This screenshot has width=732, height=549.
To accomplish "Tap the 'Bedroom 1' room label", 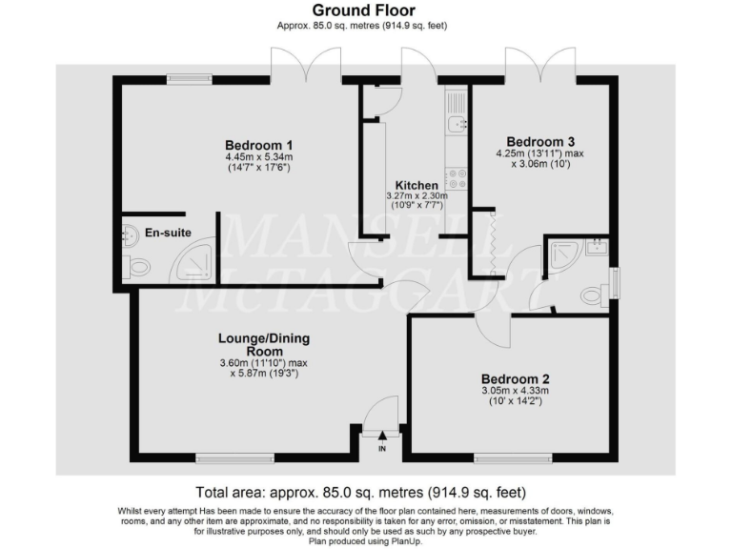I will click(257, 144).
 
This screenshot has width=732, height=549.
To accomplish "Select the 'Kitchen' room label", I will click(417, 185).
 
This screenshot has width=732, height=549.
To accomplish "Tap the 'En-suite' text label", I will click(166, 231).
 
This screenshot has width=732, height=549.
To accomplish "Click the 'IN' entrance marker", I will click(382, 448).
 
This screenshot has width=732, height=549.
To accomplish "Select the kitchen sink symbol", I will click(455, 122).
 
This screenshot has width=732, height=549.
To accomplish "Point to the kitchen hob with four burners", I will click(455, 175).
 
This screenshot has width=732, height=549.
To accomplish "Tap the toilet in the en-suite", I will click(138, 267).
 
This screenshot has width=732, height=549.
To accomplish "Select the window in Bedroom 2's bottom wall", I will click(505, 459).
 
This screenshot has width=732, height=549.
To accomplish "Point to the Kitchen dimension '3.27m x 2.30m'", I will click(417, 196).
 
